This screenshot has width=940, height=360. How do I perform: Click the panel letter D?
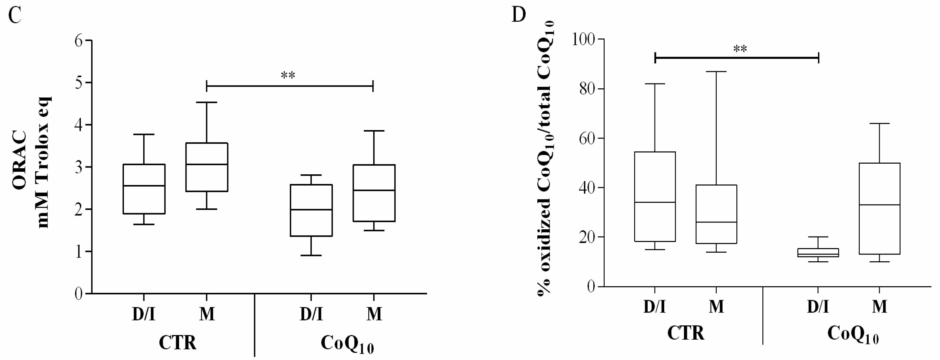point(519,14)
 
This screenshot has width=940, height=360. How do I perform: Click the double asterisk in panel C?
point(288,75)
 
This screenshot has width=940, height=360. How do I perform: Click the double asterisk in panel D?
point(740,49)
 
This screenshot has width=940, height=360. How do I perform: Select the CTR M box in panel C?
point(207,167)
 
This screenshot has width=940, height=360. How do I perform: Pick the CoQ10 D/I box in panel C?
point(311,211)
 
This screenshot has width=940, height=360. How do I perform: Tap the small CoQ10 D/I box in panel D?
point(818,252)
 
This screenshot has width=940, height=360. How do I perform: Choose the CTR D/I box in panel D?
point(655,196)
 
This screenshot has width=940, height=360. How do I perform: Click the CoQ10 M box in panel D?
point(879,208)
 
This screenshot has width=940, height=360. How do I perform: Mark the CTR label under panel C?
point(177,343)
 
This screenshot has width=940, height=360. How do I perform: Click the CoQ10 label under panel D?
point(852,334)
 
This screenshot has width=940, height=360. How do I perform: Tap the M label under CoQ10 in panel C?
point(374,314)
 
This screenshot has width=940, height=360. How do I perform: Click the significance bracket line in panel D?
point(737,58)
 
